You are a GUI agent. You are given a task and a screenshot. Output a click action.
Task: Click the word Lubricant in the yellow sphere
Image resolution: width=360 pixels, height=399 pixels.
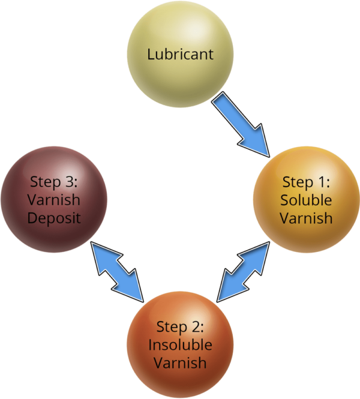(180, 55)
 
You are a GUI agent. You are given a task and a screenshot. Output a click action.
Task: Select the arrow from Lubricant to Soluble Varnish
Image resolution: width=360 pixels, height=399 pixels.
(241, 124)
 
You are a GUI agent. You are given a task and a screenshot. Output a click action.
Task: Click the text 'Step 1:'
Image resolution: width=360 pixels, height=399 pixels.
(306, 183)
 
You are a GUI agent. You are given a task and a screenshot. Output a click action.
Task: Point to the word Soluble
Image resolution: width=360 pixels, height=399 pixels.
(306, 200)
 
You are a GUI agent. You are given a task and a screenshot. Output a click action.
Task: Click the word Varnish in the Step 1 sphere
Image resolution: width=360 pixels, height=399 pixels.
(306, 218)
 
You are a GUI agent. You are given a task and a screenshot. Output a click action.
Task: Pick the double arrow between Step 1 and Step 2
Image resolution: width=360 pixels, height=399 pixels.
(243, 272)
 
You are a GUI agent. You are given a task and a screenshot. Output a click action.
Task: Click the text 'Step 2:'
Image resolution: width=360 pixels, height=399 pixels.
(180, 327)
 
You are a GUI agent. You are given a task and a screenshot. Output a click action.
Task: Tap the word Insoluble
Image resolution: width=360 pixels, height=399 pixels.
(180, 345)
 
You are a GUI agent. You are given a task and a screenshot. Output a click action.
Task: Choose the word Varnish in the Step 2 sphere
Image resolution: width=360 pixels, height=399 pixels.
(180, 362)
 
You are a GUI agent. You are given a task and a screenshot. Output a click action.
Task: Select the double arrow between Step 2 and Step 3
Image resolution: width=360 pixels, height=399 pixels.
(117, 272)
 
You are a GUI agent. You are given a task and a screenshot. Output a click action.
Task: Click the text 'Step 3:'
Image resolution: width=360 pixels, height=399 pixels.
(53, 182)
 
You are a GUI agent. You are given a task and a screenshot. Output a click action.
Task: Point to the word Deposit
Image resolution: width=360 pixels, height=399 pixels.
(54, 218)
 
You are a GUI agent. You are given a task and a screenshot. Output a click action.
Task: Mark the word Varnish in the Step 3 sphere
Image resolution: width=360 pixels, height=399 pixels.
(53, 200)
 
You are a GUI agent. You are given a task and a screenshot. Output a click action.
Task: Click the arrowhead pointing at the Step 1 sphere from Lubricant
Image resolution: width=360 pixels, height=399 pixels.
(256, 143)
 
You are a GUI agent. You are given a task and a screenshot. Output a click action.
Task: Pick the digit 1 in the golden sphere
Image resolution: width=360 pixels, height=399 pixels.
(322, 182)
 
